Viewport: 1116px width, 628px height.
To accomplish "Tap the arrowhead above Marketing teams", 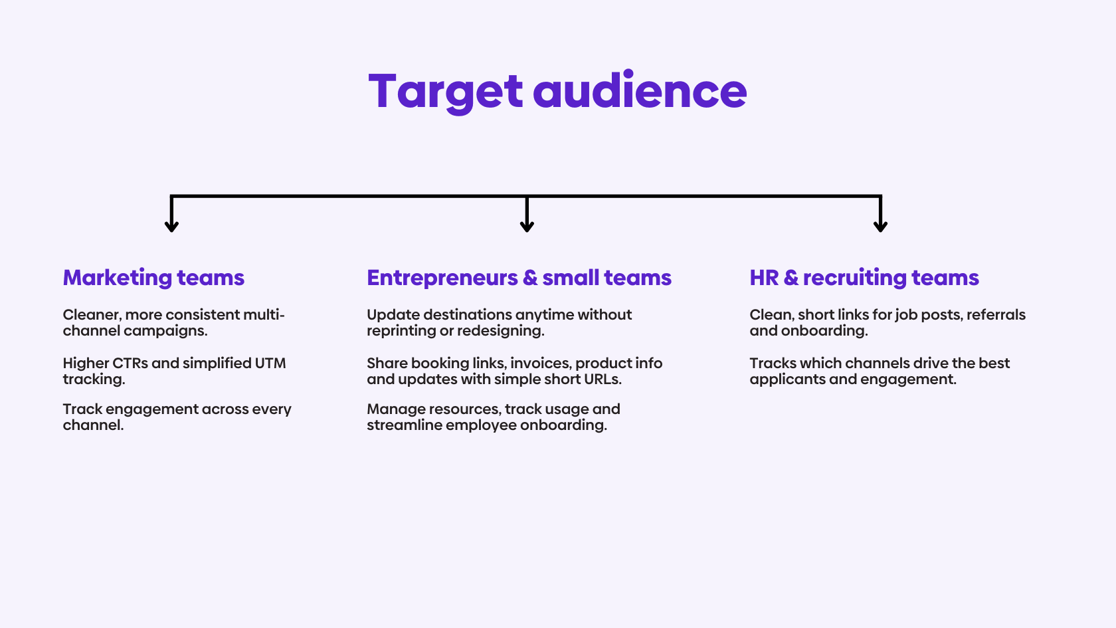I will coord(171,226).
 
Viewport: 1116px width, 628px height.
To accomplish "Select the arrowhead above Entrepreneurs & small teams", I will coord(527,226).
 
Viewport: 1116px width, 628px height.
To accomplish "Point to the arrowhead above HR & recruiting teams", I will coord(880,226).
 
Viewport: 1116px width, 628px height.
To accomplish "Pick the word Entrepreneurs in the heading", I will coord(442,278).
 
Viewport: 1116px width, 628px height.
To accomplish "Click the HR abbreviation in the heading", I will coord(764,278).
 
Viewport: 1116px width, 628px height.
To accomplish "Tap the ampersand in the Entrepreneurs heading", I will coord(530,278).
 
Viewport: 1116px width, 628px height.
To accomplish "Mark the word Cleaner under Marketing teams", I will coord(91,315).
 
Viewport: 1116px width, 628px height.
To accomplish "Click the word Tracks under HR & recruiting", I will coord(773,364).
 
